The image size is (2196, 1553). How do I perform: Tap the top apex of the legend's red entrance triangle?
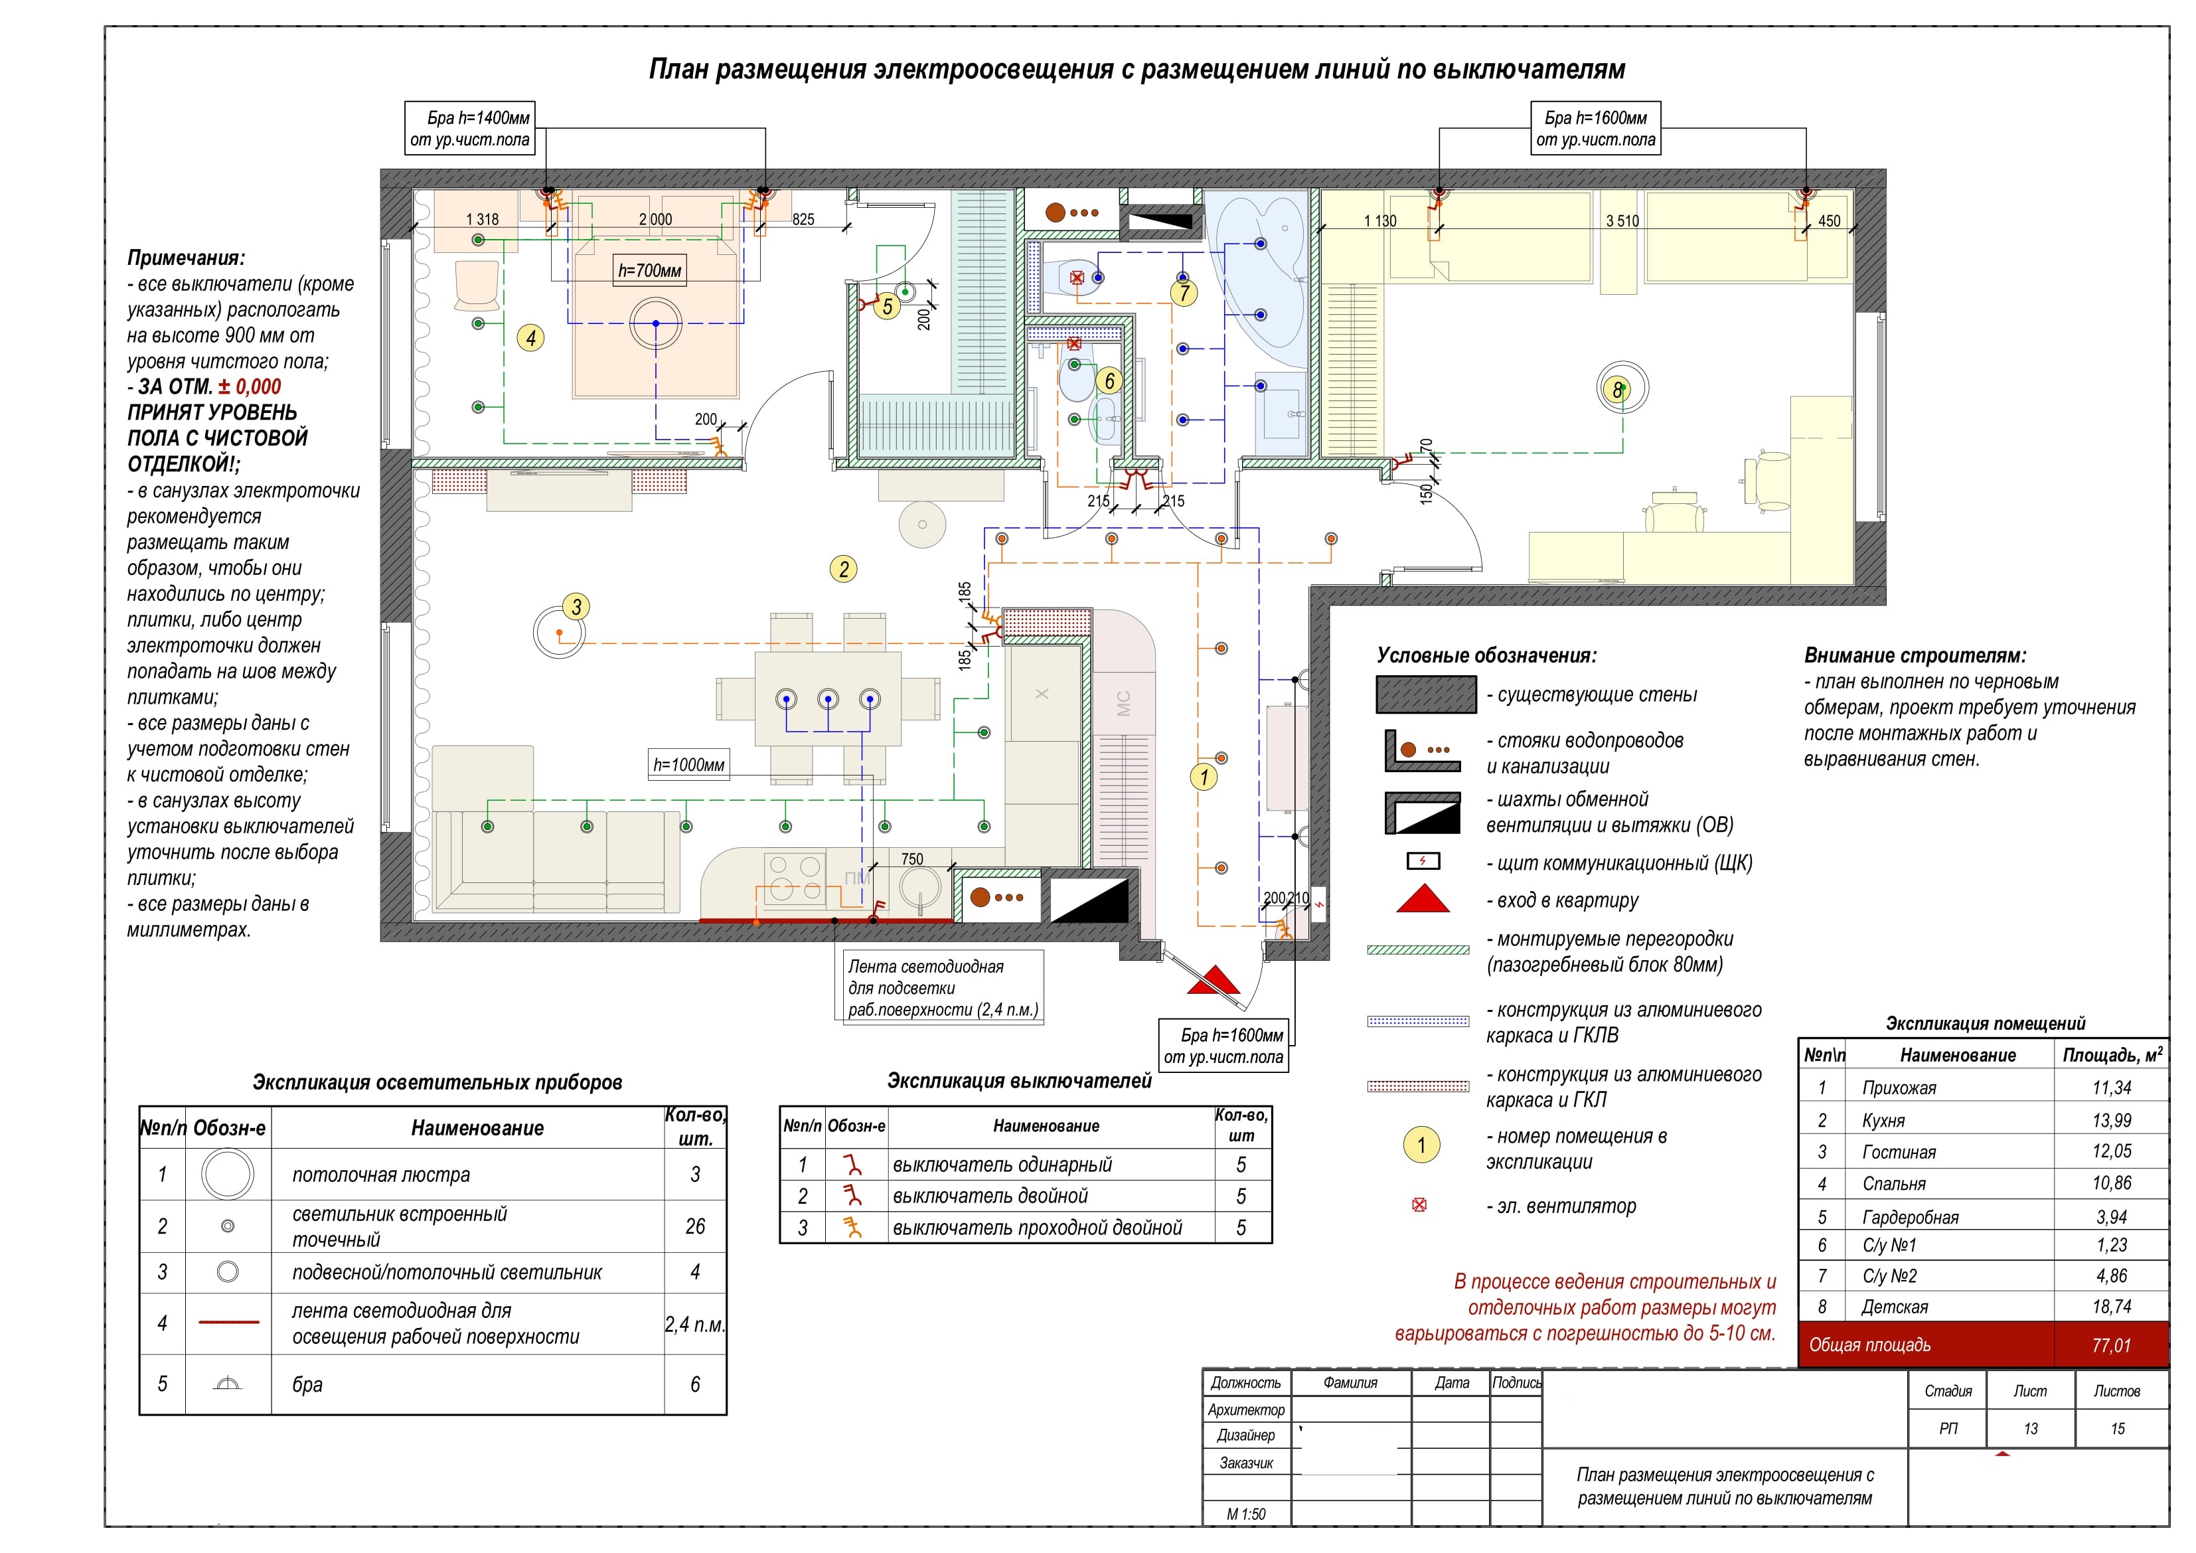click(x=1424, y=885)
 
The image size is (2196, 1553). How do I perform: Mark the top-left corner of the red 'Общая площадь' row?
click(x=1799, y=1323)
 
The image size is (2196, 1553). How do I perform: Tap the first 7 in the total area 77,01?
click(x=2096, y=1345)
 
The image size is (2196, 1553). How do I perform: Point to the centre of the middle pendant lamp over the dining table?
click(x=828, y=698)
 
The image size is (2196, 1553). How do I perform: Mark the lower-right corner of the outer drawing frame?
click(x=2169, y=1526)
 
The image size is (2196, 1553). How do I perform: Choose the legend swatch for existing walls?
click(x=1426, y=695)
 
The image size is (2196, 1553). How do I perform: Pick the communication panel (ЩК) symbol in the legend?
click(x=1423, y=861)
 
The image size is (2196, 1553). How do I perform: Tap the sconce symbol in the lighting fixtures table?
click(x=228, y=1384)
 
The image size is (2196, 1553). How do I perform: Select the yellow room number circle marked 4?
click(x=531, y=338)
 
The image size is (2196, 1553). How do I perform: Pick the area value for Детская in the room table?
click(x=2112, y=1307)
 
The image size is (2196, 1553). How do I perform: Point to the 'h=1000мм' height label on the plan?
click(x=688, y=764)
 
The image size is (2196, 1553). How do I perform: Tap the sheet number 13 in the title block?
click(x=2031, y=1429)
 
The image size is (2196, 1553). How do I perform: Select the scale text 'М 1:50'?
click(x=1246, y=1514)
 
